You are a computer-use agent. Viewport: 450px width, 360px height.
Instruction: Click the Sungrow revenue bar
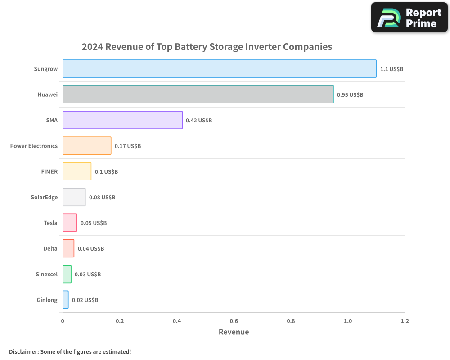[x=219, y=69]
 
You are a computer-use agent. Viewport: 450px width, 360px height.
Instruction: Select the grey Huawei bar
[x=198, y=94]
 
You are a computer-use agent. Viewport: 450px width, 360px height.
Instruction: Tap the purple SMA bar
[x=122, y=120]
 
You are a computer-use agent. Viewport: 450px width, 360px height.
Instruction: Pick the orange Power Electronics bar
[x=87, y=146]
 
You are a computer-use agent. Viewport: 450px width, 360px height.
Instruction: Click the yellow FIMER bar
[x=77, y=171]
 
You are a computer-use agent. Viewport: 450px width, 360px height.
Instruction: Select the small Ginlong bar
[x=66, y=300]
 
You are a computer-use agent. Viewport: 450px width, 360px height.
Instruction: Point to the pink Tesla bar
[x=70, y=223]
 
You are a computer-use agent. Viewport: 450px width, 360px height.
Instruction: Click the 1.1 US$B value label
[x=391, y=69]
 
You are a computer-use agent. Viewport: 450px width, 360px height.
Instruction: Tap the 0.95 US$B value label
[x=350, y=95]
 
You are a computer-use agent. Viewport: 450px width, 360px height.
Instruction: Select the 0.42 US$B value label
[x=199, y=121]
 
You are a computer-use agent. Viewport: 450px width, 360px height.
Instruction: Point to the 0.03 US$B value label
[x=88, y=274]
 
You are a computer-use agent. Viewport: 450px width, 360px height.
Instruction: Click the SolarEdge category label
[x=44, y=197]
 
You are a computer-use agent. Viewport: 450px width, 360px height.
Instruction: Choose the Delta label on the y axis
[x=50, y=248]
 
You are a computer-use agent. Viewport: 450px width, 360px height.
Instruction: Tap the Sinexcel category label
[x=47, y=274]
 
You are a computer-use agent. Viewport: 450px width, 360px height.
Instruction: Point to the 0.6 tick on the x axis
[x=234, y=321]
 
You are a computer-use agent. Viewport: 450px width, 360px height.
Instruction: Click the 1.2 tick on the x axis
[x=405, y=321]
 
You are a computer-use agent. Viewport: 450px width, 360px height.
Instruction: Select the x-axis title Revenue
[x=234, y=332]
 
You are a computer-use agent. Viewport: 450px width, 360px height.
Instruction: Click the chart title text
[x=207, y=47]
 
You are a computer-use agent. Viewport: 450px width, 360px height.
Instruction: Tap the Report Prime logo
[x=409, y=18]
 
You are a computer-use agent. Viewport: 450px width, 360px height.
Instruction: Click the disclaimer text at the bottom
[x=70, y=351]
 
